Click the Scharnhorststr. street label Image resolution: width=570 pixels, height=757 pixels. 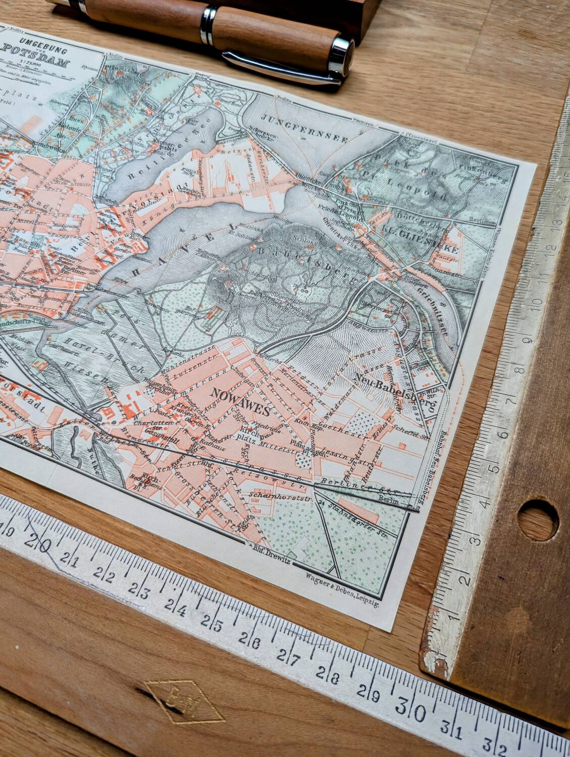pyautogui.click(x=276, y=497)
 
